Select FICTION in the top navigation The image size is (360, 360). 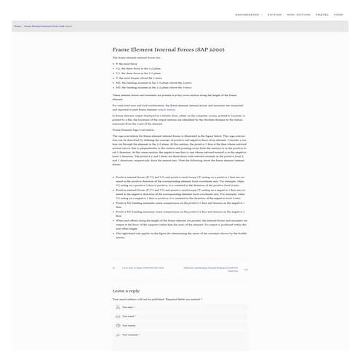tap(275, 15)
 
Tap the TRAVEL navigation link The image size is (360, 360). tap(322, 15)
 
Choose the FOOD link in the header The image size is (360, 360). tap(339, 15)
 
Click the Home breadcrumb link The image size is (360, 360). tap(17, 26)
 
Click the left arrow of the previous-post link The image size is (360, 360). tap(114, 268)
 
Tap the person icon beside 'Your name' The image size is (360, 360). tap(118, 307)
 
